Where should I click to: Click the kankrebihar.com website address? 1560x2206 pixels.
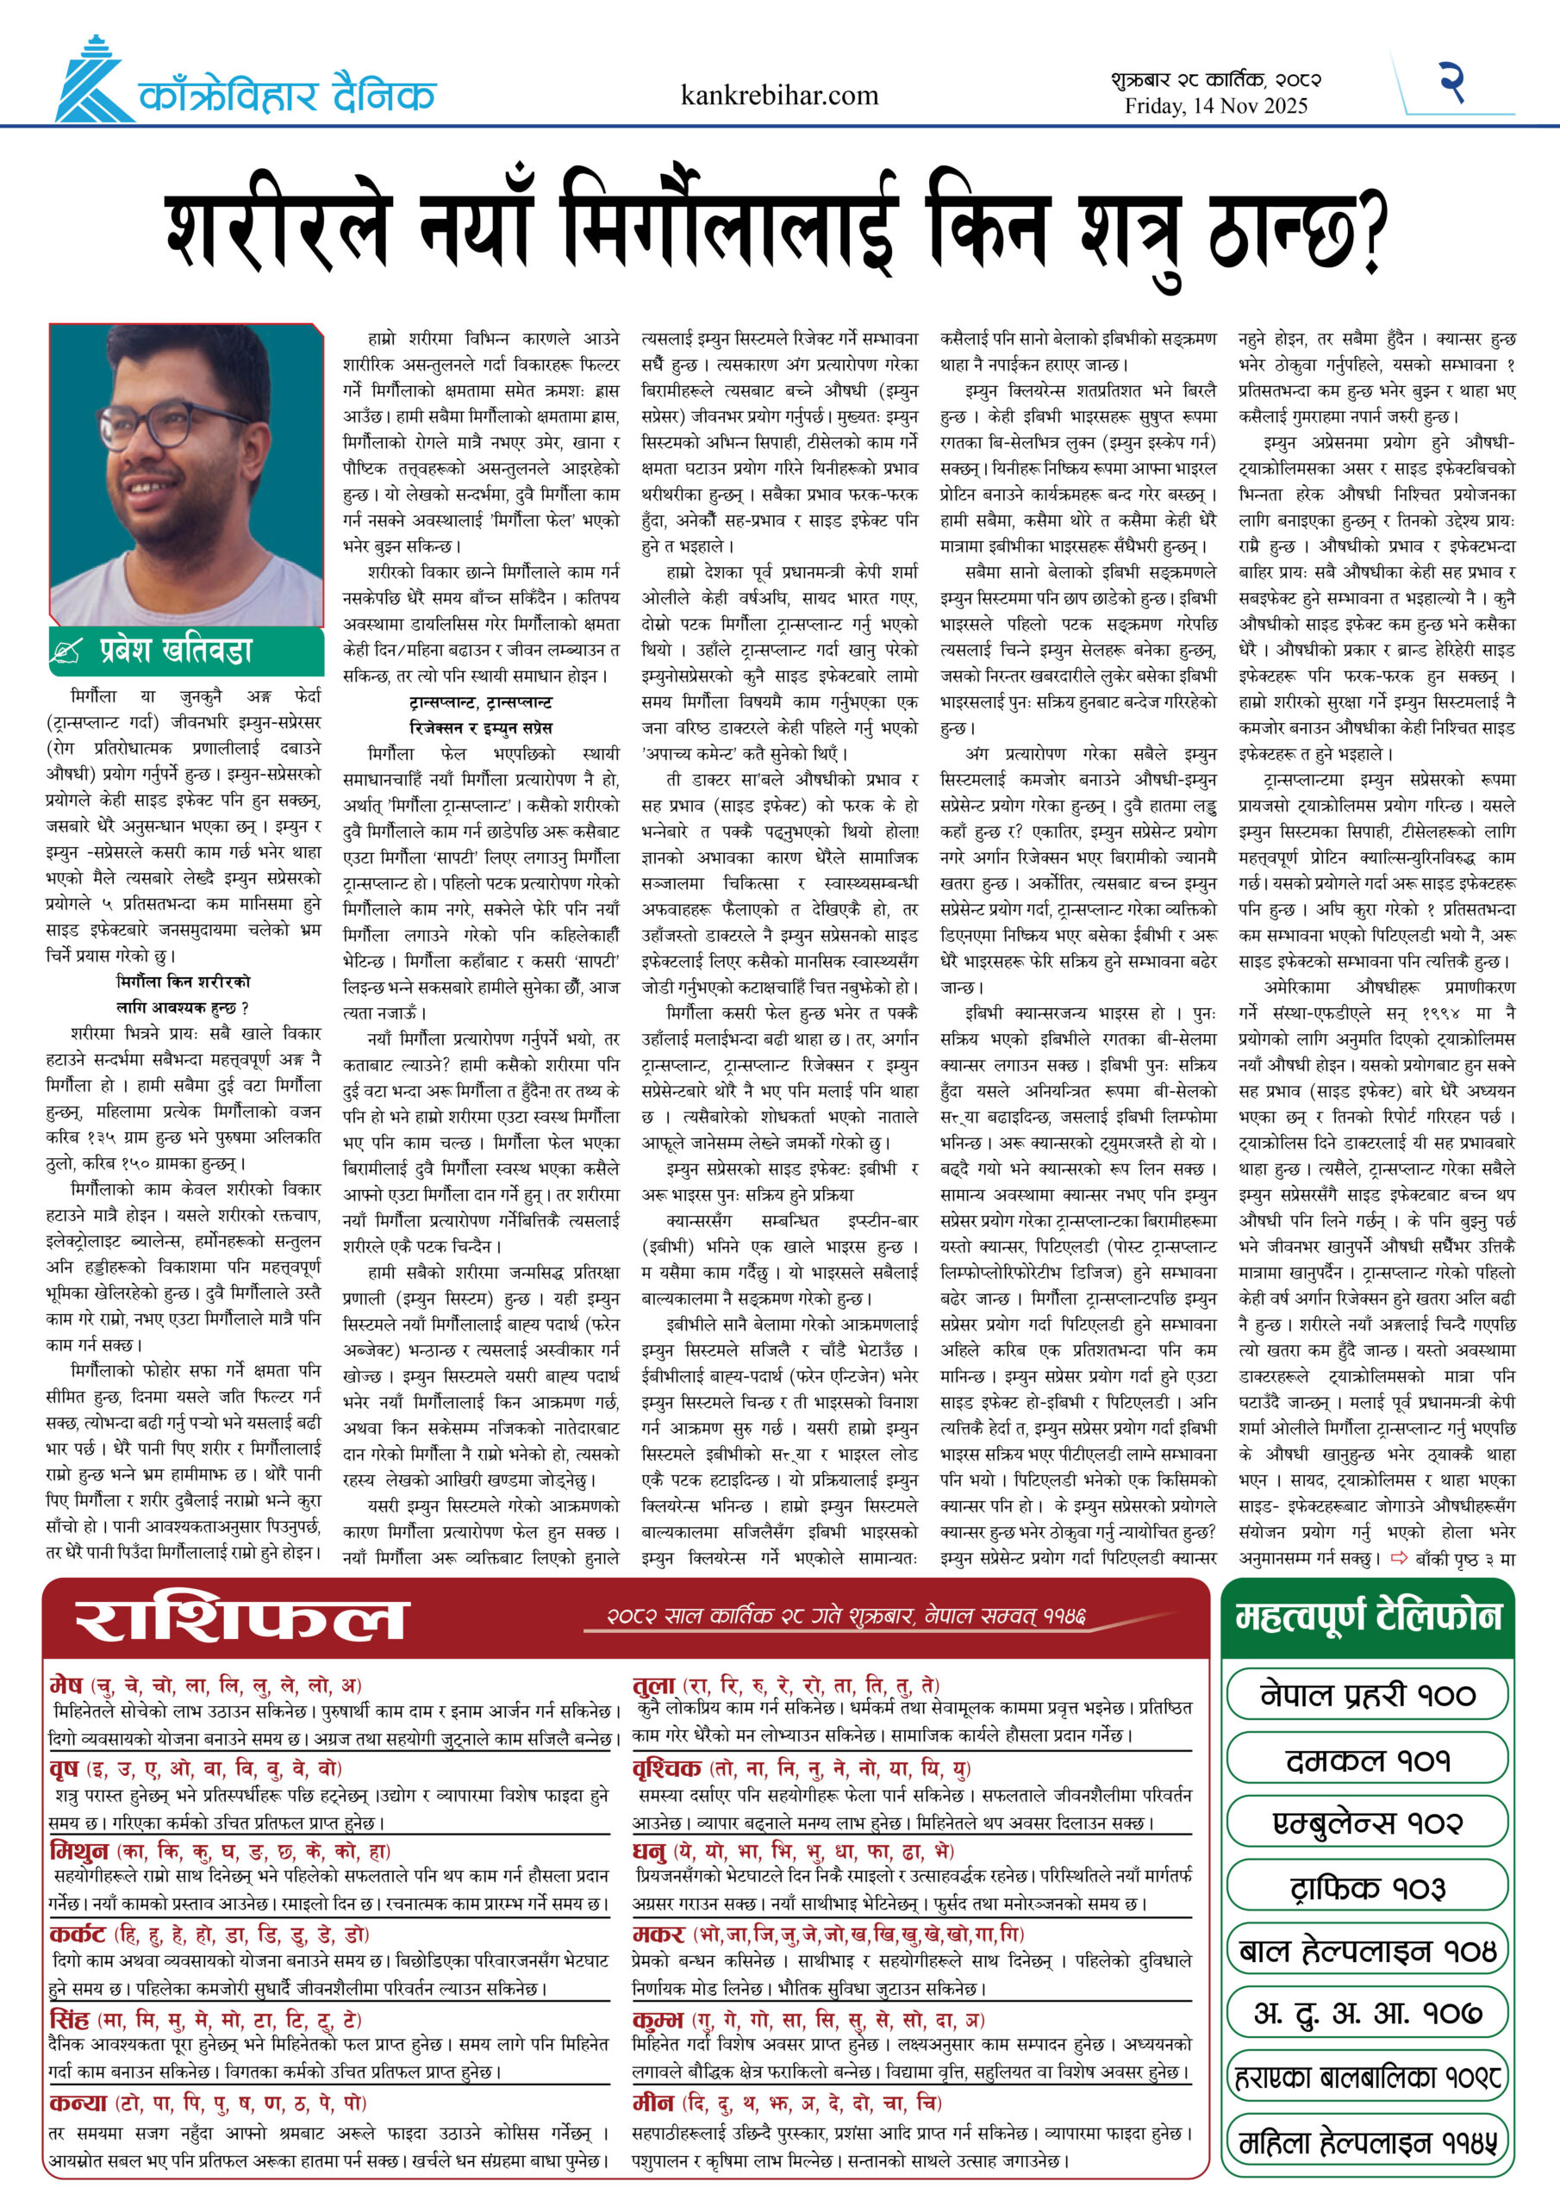(778, 95)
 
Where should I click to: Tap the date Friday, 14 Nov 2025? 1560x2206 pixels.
(1216, 107)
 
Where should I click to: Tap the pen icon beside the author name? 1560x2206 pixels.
(66, 652)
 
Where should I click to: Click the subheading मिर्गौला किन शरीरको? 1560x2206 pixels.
(183, 982)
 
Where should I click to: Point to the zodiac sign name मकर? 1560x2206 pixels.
(658, 1934)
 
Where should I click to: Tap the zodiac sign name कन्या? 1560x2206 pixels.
(77, 2103)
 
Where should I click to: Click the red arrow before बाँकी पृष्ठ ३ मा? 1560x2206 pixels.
(1399, 1559)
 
